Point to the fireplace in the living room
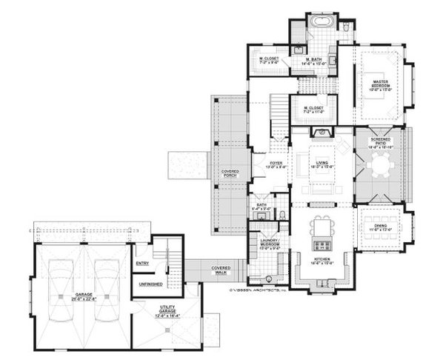(x=320, y=133)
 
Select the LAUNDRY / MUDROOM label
(x=268, y=244)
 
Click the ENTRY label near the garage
(x=144, y=263)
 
